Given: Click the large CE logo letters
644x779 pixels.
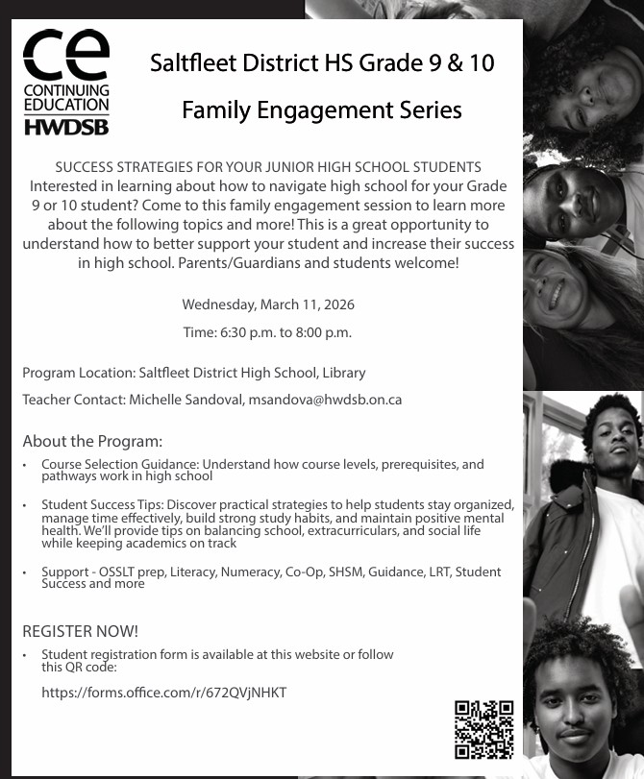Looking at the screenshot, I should pyautogui.click(x=65, y=57).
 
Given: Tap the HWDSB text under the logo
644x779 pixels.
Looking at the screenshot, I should pyautogui.click(x=65, y=126).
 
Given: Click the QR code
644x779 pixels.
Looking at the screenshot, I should pyautogui.click(x=483, y=730).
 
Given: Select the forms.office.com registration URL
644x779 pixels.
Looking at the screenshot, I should pyautogui.click(x=163, y=693).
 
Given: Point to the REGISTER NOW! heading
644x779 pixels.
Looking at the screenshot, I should pyautogui.click(x=80, y=631).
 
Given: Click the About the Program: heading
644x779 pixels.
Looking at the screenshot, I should pyautogui.click(x=92, y=442).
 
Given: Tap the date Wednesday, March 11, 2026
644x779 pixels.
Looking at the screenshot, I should pyautogui.click(x=268, y=304).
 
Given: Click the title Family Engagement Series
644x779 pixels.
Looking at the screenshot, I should pyautogui.click(x=322, y=110).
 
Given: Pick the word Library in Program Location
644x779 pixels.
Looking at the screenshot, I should pyautogui.click(x=344, y=372).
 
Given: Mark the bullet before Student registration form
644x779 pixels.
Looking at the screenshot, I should pyautogui.click(x=26, y=655).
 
